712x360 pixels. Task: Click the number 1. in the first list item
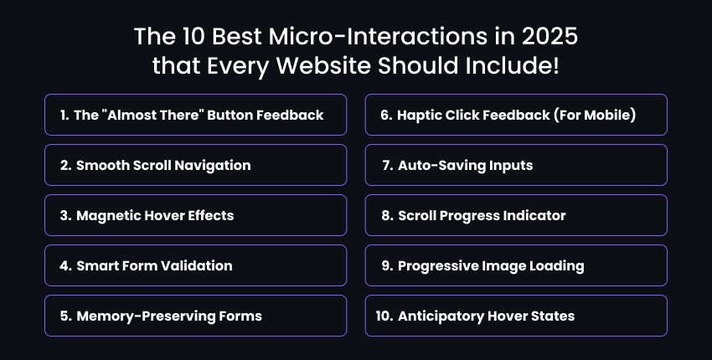click(x=64, y=115)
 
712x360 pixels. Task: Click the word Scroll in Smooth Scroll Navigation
click(x=155, y=165)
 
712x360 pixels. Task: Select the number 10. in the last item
click(x=385, y=316)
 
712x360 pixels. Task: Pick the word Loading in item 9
click(x=557, y=265)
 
